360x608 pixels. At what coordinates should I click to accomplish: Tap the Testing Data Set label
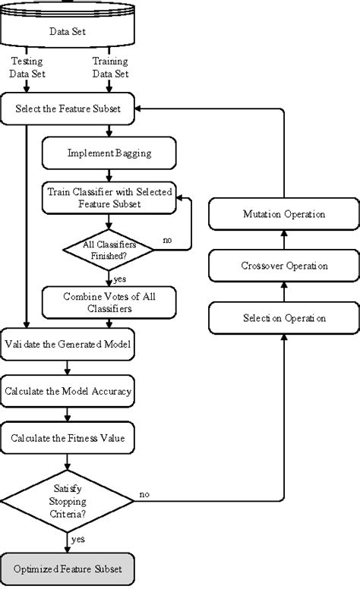[x=27, y=67]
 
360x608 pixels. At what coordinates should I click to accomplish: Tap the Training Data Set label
[x=110, y=67]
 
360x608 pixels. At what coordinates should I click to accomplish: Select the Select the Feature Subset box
[x=68, y=109]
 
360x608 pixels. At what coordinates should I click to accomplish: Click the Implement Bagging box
[x=109, y=153]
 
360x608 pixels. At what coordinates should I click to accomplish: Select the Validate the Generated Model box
[x=68, y=345]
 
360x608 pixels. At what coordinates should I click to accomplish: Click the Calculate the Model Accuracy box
[x=68, y=392]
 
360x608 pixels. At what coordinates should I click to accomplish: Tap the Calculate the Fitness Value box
[x=68, y=438]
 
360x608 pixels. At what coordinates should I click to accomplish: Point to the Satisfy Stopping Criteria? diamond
[x=68, y=500]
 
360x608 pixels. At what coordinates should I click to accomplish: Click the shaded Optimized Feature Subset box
[x=68, y=568]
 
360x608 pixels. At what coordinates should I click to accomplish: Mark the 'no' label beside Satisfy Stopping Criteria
[x=144, y=494]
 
